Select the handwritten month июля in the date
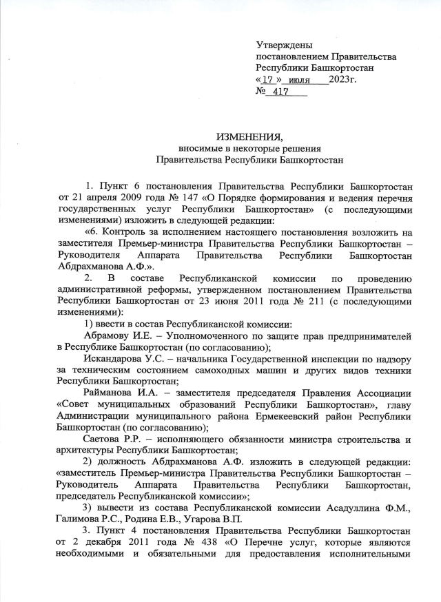pyautogui.click(x=298, y=80)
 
